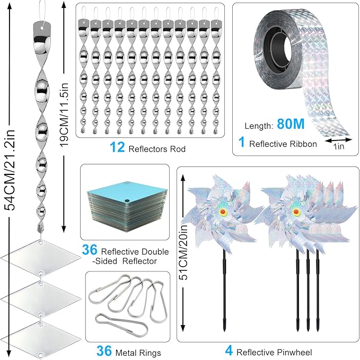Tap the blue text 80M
tap(290, 125)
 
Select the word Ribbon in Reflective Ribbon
tap(304, 144)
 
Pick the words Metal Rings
tap(142, 351)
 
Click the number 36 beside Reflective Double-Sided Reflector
tap(90, 251)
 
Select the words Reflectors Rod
tap(157, 150)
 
